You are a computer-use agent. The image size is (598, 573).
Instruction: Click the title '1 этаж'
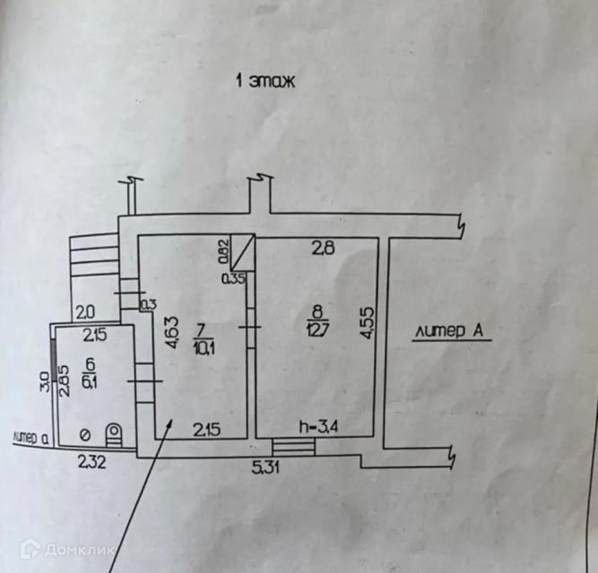coord(266,81)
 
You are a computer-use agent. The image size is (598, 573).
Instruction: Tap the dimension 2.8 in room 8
coord(323,250)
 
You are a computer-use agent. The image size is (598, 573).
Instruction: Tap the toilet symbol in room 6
coord(114,435)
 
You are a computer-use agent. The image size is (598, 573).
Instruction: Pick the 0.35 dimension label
coord(233,278)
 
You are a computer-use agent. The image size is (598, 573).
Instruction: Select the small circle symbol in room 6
coord(84,436)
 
